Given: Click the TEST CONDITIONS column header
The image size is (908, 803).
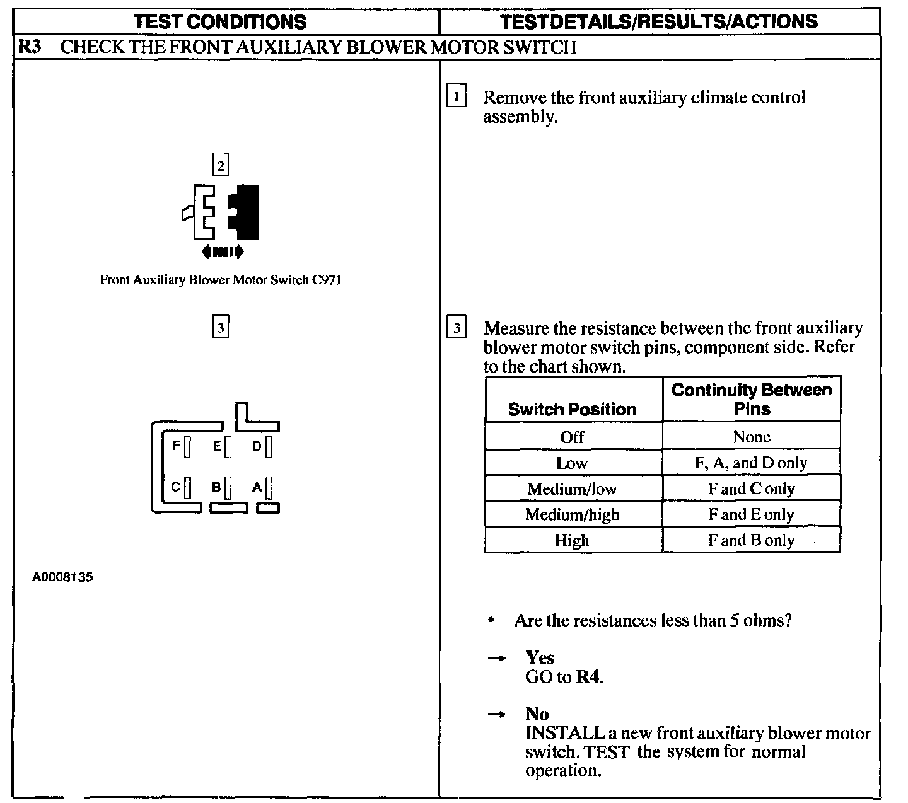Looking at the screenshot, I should [220, 21].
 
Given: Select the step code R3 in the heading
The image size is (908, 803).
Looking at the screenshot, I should [29, 47].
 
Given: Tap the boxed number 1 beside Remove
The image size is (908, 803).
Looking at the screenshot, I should [456, 97].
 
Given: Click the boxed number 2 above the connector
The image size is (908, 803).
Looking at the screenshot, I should [220, 165].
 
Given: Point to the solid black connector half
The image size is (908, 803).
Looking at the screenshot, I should [245, 212].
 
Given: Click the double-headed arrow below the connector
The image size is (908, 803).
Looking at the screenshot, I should [222, 252].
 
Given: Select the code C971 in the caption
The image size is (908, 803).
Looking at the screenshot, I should [326, 280].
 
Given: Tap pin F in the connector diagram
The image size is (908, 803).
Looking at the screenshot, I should [187, 446].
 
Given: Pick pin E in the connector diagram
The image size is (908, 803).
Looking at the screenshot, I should [228, 446].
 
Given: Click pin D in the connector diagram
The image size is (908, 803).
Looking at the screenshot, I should [269, 446].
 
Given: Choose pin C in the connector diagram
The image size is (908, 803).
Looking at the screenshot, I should [187, 487].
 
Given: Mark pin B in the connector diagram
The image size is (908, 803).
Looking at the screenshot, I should [228, 487].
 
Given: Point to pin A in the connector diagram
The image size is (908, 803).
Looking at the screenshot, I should [269, 487].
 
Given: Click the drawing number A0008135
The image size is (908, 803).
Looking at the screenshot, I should [62, 577].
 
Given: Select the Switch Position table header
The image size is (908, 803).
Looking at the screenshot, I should [573, 409].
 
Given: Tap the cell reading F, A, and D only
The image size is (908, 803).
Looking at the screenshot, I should [751, 463].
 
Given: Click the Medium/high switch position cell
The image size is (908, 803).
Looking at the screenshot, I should [573, 514].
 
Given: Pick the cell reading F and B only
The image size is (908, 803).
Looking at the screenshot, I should [751, 540].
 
